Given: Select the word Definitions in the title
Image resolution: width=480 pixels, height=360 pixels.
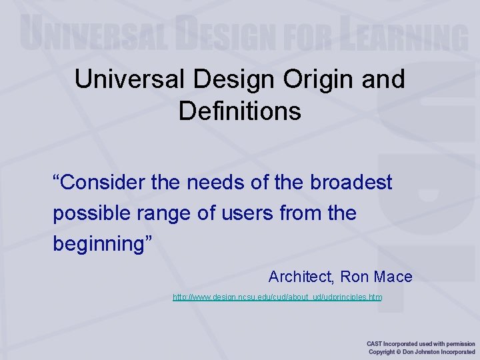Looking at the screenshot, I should [240, 111].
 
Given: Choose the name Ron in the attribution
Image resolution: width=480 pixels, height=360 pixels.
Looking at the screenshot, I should [359, 277].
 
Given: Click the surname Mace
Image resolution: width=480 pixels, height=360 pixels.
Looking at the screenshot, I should [394, 277].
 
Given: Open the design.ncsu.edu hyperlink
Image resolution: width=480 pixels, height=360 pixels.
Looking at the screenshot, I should [277, 297].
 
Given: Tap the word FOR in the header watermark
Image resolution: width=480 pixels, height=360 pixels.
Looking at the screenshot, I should [310, 35].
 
